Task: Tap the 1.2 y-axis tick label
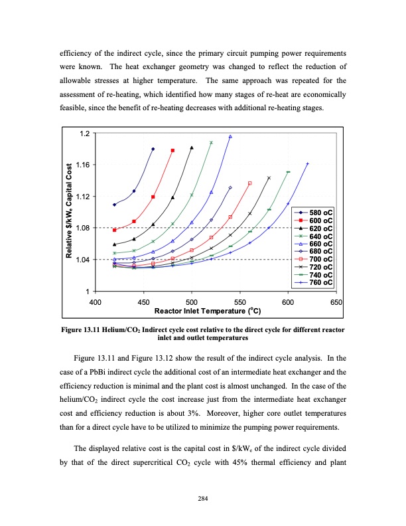(82, 133)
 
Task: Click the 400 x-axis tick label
(96, 302)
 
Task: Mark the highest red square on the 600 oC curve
(173, 150)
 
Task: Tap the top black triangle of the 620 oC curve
(192, 147)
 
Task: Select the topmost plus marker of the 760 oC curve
(307, 163)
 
